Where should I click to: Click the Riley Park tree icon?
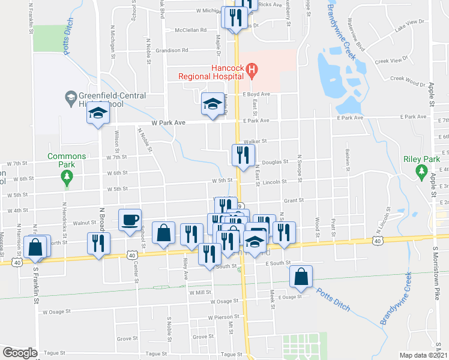[x=421, y=172]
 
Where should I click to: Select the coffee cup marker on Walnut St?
[x=130, y=220]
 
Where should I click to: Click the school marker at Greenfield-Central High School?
[x=97, y=113]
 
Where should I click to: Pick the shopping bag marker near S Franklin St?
[x=36, y=247]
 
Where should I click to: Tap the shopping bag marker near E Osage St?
[x=301, y=277]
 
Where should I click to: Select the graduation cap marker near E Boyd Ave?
[x=211, y=104]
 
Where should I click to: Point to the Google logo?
[x=20, y=352]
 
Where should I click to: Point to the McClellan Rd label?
[x=190, y=29]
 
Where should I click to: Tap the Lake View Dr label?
[x=409, y=24]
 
